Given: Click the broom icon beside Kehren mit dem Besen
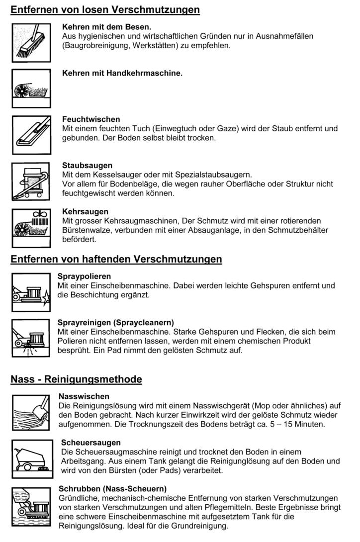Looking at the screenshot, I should pos(31,42).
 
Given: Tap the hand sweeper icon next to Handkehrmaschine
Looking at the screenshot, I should pos(31,89).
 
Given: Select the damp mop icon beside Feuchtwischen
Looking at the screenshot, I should pos(31,135).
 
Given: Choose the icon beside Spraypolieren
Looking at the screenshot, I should pos(31,292).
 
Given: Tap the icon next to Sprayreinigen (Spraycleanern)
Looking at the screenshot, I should pos(31,338).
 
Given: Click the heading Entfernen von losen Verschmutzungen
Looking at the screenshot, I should pos(105,10).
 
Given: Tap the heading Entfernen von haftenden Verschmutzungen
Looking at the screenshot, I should pos(116,259).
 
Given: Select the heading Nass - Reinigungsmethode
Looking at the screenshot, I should pos(77,379).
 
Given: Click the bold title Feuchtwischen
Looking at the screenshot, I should pos(91,119).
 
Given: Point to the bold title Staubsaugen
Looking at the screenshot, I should pos(87,165).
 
